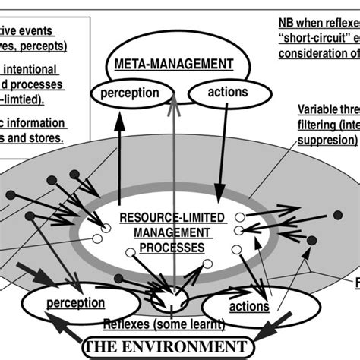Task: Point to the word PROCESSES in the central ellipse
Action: pyautogui.click(x=167, y=247)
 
